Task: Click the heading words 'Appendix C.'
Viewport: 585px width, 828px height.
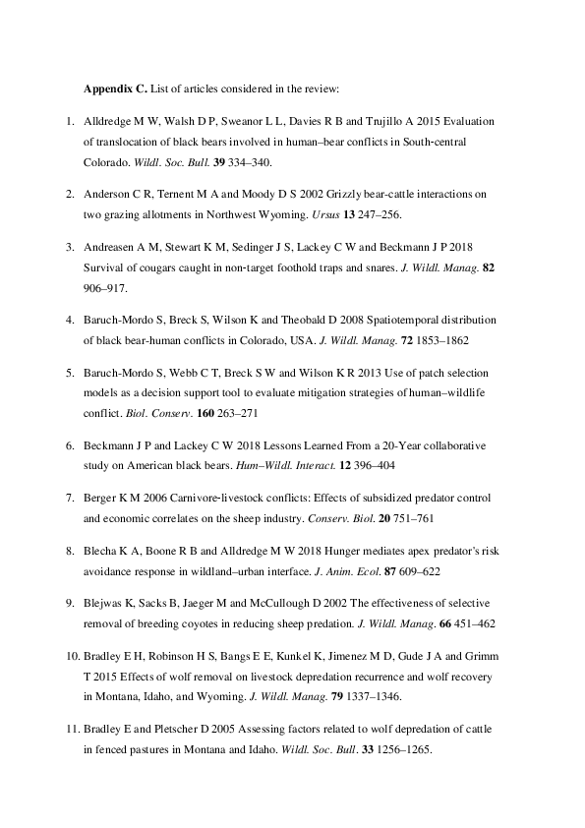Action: point(115,89)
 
